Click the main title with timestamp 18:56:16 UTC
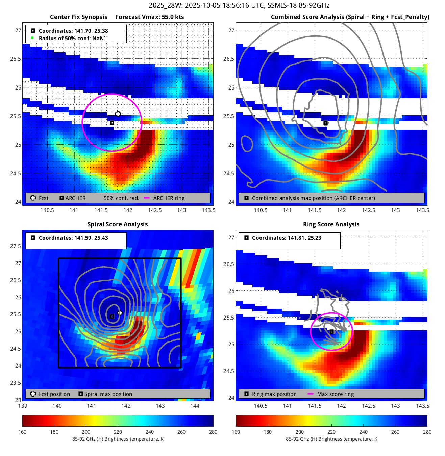tap(239, 5)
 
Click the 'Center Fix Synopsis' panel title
tap(78, 17)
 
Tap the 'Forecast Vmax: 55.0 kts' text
tap(149, 17)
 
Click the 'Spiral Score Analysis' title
tap(118, 224)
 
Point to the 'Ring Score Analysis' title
tap(331, 224)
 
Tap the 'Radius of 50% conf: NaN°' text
tap(73, 38)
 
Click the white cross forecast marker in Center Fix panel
tap(118, 114)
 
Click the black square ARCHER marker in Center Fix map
tap(112, 123)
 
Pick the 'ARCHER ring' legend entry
tap(169, 198)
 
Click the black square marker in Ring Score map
tap(332, 332)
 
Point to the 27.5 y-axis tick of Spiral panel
tap(16, 246)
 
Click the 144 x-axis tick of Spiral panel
tap(195, 406)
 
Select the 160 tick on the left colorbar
tap(23, 432)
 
